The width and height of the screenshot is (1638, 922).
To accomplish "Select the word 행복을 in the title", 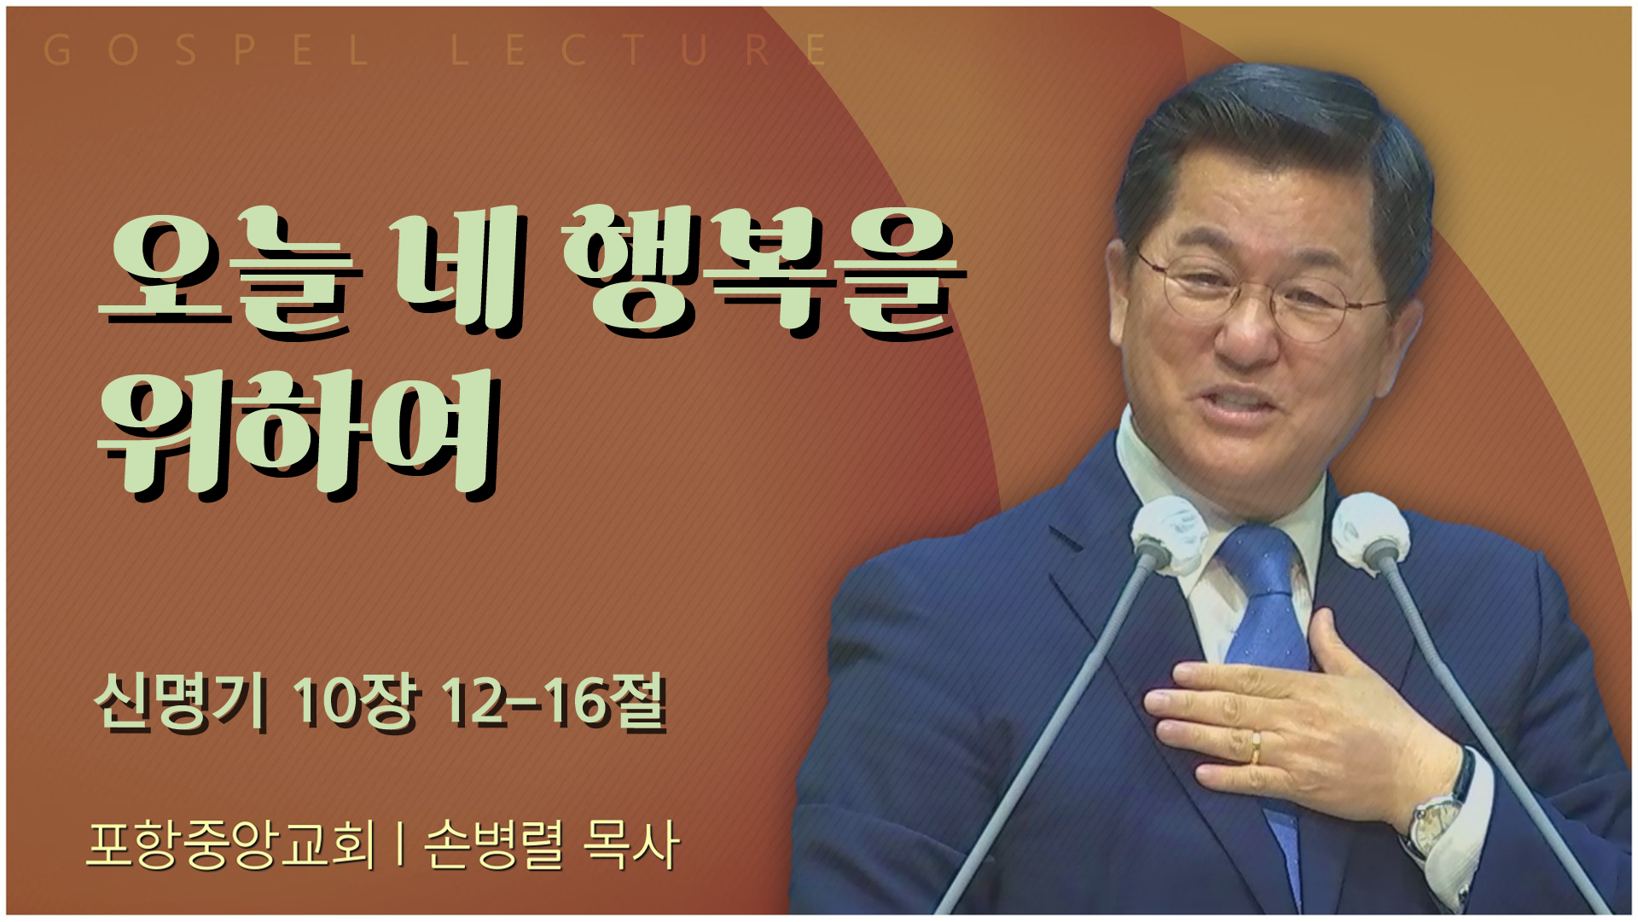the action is pyautogui.click(x=764, y=271).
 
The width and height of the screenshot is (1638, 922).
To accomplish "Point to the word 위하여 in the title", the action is pyautogui.click(x=298, y=433).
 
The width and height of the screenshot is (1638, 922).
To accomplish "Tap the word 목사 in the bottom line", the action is pyautogui.click(x=631, y=844).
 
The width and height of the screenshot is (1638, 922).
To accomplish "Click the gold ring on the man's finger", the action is pyautogui.click(x=1255, y=747).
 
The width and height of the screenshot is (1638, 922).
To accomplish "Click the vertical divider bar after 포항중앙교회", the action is pyautogui.click(x=399, y=844).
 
